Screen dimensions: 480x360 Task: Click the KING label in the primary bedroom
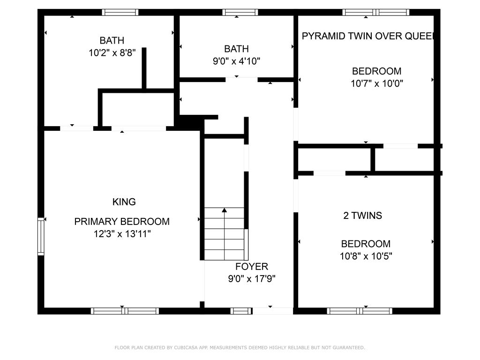124,202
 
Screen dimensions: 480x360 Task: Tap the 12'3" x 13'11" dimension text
122,234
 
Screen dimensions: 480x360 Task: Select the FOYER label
252,267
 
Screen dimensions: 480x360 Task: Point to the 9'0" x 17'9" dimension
252,279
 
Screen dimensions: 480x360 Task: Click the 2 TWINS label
362,216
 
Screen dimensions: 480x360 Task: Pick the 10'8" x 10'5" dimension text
366,256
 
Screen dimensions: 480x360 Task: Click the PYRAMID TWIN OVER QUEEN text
368,36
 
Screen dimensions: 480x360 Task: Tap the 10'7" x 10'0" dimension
377,83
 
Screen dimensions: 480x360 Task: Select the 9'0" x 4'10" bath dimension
236,61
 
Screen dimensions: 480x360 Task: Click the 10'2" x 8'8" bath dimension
112,52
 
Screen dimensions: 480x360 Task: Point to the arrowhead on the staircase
225,210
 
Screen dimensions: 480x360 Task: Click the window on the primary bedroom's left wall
41,236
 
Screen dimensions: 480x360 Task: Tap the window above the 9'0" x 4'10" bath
240,12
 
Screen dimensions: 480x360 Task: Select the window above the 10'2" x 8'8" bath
120,12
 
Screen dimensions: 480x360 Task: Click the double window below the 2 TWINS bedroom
360,311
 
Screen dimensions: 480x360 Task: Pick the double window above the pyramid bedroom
375,12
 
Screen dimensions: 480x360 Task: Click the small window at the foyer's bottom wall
241,311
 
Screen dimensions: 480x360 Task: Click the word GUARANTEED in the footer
349,347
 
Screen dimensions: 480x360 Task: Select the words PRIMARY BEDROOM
122,221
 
